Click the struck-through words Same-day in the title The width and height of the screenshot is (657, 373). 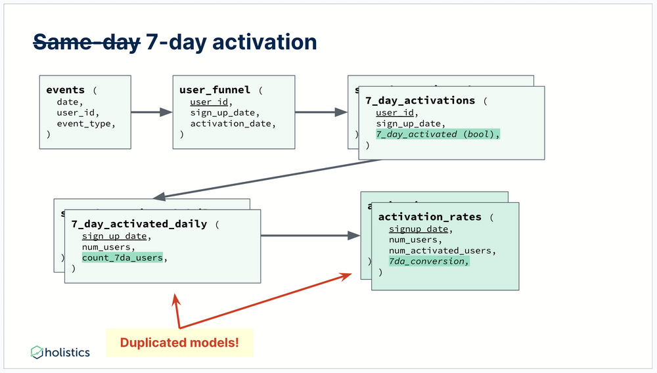coord(86,42)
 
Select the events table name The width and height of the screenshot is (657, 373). coord(65,90)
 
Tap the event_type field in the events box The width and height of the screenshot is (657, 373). coord(85,123)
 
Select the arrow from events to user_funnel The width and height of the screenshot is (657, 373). coord(151,112)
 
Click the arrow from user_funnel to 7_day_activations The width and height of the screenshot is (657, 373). coord(321,112)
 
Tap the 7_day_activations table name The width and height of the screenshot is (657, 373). coord(420,100)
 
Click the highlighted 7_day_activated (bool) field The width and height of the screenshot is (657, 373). coord(438,134)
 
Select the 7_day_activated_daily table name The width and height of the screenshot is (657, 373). coord(139,224)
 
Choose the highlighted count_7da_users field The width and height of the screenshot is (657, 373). coord(122,257)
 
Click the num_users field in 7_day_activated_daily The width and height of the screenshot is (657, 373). coord(108,247)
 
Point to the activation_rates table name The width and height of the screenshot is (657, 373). coord(430,217)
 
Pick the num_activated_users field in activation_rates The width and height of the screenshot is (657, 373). coord(442,250)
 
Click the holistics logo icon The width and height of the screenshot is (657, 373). coord(37,352)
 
